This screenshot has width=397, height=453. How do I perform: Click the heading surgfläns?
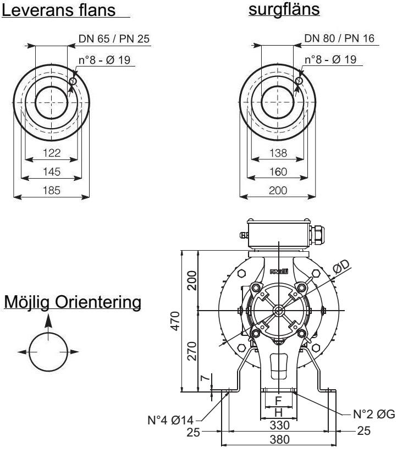pyautogui.click(x=284, y=9)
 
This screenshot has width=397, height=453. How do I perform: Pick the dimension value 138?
pyautogui.click(x=278, y=153)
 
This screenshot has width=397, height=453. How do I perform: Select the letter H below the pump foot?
pyautogui.click(x=278, y=411)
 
